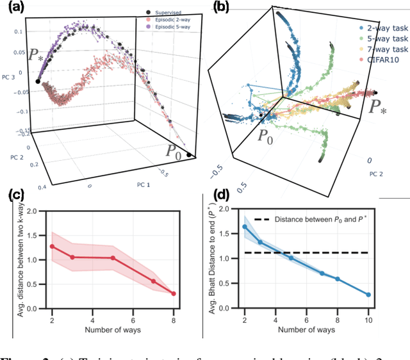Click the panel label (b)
pyautogui.click(x=222, y=7)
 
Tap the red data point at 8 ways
pyautogui.click(x=173, y=294)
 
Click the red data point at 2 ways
pyautogui.click(x=53, y=246)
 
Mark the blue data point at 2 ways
pyautogui.click(x=245, y=227)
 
